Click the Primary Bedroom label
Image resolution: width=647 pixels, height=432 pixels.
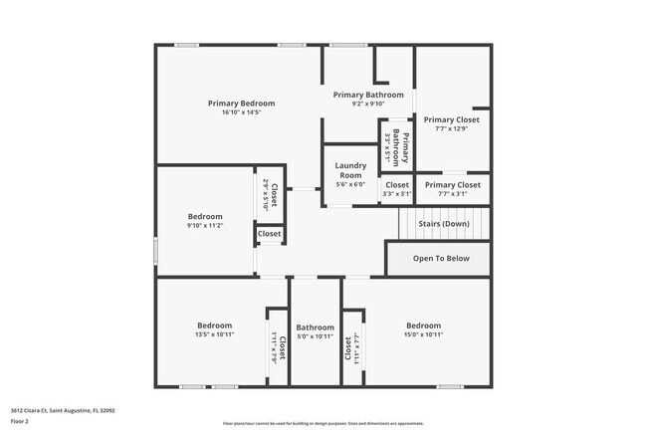coord(241,104)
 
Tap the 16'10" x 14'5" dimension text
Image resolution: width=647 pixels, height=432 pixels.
coord(241,112)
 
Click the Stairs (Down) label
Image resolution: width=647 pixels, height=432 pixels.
coord(442,224)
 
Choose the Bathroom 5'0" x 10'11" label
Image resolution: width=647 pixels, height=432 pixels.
coord(315,326)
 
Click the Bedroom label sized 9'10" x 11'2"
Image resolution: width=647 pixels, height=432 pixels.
coord(205,216)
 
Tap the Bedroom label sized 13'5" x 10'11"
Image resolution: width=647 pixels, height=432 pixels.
coord(214,325)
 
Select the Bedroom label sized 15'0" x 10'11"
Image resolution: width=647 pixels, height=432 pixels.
coord(423,325)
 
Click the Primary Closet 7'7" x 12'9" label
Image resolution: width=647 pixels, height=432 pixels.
coord(457,119)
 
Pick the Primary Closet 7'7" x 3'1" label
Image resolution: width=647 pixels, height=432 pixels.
coord(453,185)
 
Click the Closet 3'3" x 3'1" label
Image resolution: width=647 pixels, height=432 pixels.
coord(396,185)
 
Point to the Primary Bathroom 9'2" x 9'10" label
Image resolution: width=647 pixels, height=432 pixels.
coord(368,95)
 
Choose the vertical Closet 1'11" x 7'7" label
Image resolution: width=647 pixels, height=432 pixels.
coord(351,347)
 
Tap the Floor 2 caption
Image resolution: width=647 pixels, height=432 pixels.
coord(21,421)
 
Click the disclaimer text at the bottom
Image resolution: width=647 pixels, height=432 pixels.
coord(323,423)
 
